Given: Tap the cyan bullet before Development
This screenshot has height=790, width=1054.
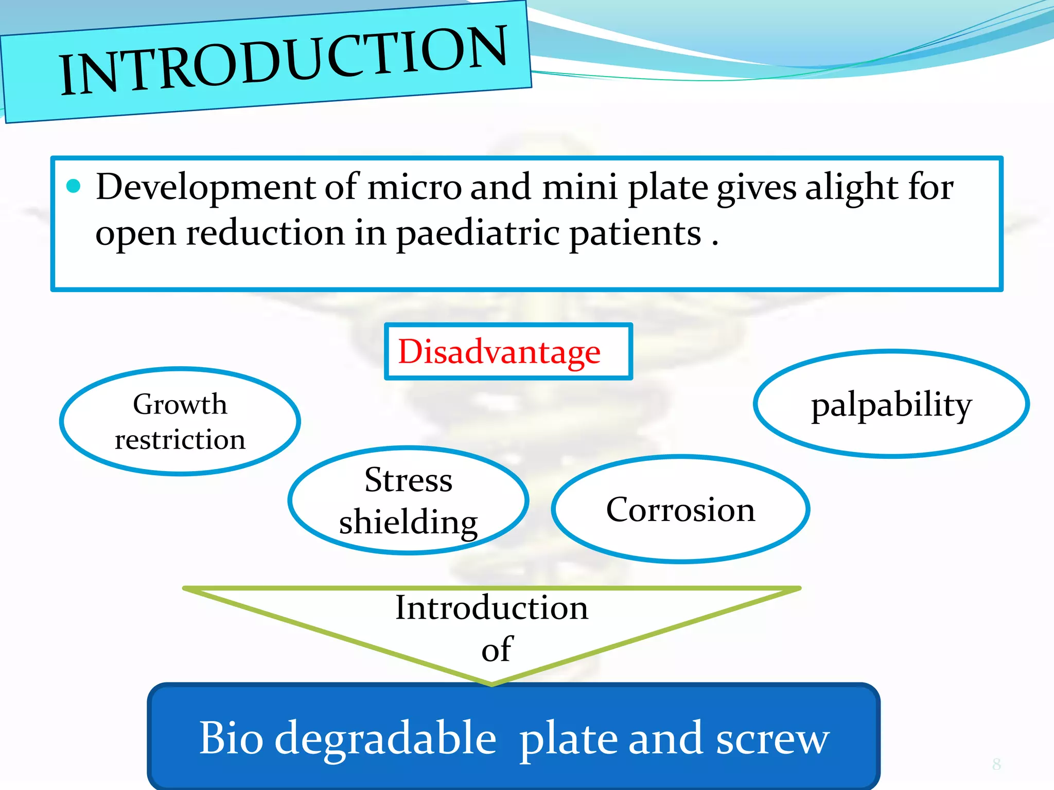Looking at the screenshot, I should point(74,186).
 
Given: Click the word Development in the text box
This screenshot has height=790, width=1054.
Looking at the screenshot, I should point(206,187).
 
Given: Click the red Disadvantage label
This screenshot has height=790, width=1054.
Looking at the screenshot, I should point(499,352).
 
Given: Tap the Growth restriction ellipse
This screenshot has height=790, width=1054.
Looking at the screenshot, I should point(180,421).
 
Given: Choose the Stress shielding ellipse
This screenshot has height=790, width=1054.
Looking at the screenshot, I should point(408,500).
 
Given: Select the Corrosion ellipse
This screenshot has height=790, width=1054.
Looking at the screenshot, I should point(680,509).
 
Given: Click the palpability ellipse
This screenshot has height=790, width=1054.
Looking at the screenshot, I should point(891,404).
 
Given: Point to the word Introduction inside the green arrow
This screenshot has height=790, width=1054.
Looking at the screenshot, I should point(491,608).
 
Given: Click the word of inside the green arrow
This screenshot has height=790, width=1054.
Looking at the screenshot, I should point(497,650).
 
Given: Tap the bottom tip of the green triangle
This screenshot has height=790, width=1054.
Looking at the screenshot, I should point(492,684).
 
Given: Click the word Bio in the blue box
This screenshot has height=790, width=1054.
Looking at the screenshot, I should point(232,738).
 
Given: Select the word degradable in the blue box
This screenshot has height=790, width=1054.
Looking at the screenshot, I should point(386,739).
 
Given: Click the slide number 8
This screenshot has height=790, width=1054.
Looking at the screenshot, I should point(996,764).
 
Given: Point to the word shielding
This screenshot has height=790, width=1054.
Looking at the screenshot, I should point(408,522).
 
